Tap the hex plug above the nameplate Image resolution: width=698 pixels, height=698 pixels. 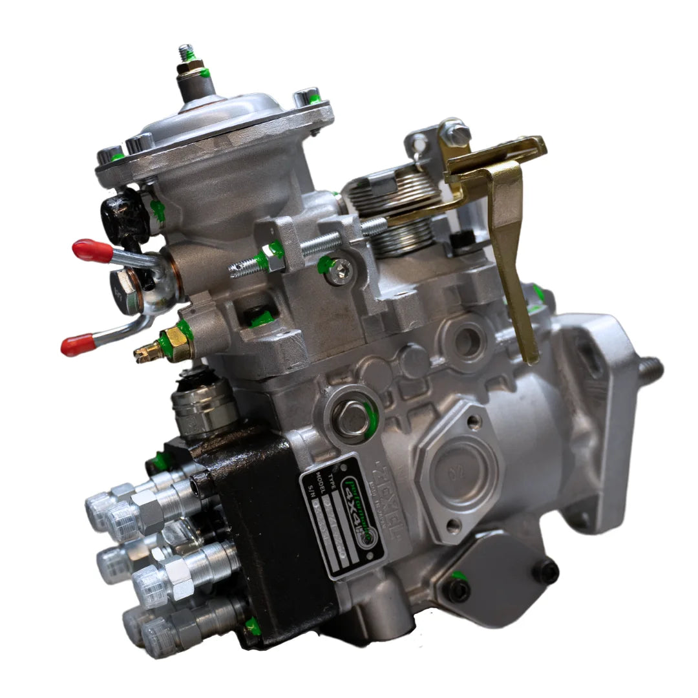(352, 417)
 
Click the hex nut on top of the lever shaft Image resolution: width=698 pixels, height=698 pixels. (457, 134)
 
